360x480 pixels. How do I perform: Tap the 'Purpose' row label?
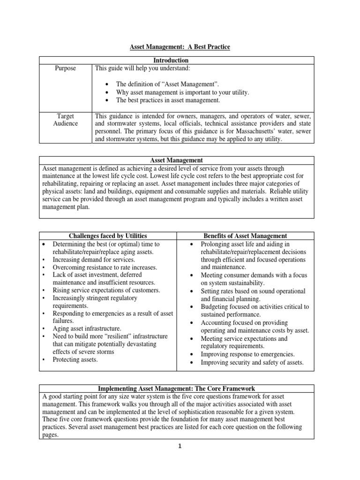[x=66, y=68]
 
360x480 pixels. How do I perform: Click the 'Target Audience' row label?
[x=66, y=120]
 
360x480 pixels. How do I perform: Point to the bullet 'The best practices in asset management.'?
[x=168, y=100]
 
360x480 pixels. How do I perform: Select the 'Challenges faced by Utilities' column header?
[x=108, y=236]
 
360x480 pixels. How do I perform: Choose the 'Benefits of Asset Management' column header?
[x=245, y=236]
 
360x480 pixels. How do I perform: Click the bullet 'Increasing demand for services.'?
[x=94, y=259]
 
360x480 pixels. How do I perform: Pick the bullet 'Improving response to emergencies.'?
[x=248, y=354]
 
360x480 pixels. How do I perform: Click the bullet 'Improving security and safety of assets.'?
[x=252, y=362]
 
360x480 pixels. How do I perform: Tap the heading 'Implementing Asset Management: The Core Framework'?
[x=176, y=389]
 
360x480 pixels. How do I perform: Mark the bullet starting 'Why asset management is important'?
[x=183, y=92]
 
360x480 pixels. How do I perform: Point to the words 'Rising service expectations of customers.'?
[x=106, y=290]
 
